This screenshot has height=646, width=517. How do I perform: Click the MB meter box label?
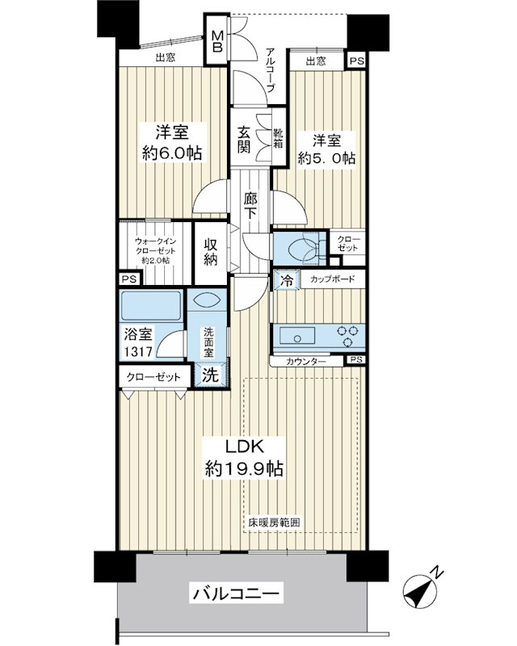(217, 41)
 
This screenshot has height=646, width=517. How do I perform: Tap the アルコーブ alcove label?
(271, 70)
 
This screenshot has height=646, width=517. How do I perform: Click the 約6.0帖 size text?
(172, 153)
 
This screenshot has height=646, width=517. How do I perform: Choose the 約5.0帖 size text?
(326, 158)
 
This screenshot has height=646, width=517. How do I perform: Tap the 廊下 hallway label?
(250, 206)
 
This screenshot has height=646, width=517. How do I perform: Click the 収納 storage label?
(210, 252)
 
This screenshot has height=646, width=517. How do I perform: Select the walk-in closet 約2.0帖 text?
(156, 261)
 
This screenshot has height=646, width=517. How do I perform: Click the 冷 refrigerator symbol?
(287, 280)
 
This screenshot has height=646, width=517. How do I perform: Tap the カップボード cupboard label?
(332, 279)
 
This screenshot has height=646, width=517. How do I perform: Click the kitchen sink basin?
(297, 335)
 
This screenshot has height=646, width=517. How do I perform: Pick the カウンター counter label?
(306, 361)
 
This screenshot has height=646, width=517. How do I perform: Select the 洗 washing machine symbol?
(211, 374)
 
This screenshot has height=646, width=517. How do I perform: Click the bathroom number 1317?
(138, 351)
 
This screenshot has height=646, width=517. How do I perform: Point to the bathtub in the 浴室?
(151, 305)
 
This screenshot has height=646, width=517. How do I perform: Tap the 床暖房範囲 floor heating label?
(274, 522)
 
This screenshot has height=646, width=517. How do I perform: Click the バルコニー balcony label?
(236, 594)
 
